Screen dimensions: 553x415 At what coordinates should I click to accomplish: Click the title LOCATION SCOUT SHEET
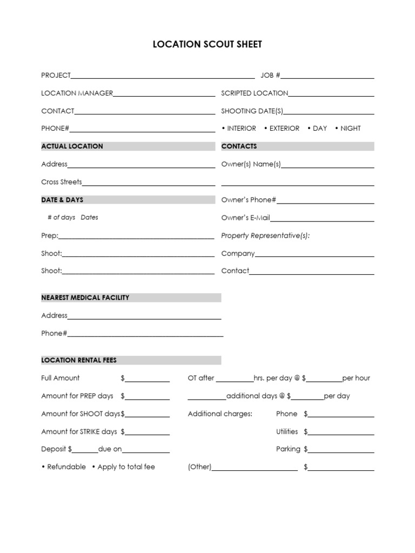(x=207, y=45)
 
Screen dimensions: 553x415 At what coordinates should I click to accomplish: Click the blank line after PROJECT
(x=162, y=76)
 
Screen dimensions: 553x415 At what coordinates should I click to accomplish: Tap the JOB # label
(x=270, y=76)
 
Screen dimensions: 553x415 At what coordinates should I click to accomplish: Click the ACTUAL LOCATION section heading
(x=72, y=146)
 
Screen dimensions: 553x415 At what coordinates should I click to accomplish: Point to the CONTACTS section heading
(x=239, y=146)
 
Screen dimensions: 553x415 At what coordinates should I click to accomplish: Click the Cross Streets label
(x=62, y=182)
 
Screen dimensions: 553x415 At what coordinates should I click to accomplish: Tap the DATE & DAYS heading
(x=62, y=200)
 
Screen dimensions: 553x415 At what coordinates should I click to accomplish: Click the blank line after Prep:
(x=136, y=237)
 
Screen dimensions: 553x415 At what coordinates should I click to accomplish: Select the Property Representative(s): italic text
(x=266, y=236)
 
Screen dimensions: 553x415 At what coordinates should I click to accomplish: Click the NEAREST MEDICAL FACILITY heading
(x=85, y=298)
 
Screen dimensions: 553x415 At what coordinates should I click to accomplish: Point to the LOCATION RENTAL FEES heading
(x=79, y=360)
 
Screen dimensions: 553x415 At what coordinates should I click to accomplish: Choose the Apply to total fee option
(x=126, y=467)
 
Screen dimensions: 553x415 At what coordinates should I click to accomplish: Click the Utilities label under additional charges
(x=287, y=431)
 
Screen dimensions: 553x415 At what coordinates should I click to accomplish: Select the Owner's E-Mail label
(x=246, y=218)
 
